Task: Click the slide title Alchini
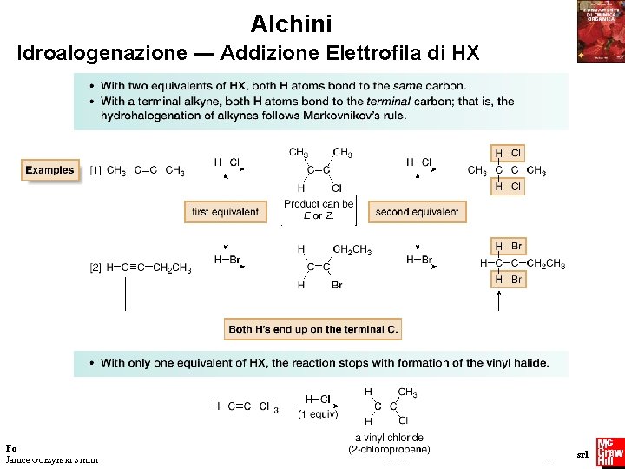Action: [291, 23]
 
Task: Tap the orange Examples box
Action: [49, 170]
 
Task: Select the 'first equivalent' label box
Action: [225, 212]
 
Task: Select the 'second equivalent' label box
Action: [417, 212]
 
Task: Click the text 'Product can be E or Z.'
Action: [319, 209]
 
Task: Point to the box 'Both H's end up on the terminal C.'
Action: [313, 329]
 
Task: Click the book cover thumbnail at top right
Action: [601, 31]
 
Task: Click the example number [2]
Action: [95, 268]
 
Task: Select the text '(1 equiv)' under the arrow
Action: [319, 414]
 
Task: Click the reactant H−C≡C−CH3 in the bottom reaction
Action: [246, 406]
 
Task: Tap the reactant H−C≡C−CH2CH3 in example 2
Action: [148, 268]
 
